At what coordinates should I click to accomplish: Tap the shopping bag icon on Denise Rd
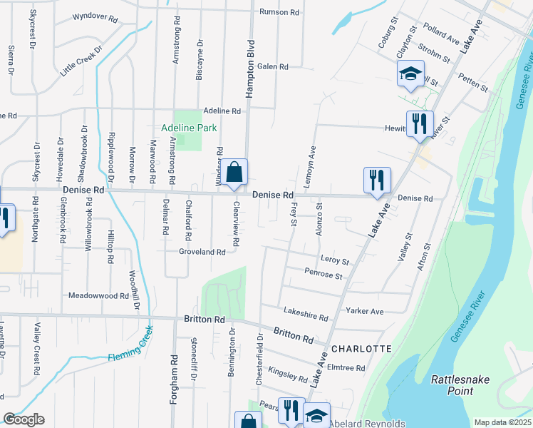pyautogui.click(x=234, y=173)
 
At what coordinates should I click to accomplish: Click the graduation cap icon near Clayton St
pyautogui.click(x=410, y=73)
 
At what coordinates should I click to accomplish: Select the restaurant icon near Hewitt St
pyautogui.click(x=420, y=124)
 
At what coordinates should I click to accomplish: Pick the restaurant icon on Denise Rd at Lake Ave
pyautogui.click(x=377, y=180)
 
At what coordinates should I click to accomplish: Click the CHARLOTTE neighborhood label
pyautogui.click(x=361, y=349)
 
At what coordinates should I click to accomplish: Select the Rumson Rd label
pyautogui.click(x=279, y=12)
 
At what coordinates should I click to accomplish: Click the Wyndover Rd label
pyautogui.click(x=95, y=15)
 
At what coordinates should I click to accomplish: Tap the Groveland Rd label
pyautogui.click(x=202, y=252)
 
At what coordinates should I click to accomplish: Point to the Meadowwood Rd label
pyautogui.click(x=98, y=295)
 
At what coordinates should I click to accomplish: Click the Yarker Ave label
pyautogui.click(x=365, y=311)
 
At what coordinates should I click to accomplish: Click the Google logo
pyautogui.click(x=23, y=419)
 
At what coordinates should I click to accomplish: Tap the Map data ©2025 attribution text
pyautogui.click(x=503, y=422)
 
